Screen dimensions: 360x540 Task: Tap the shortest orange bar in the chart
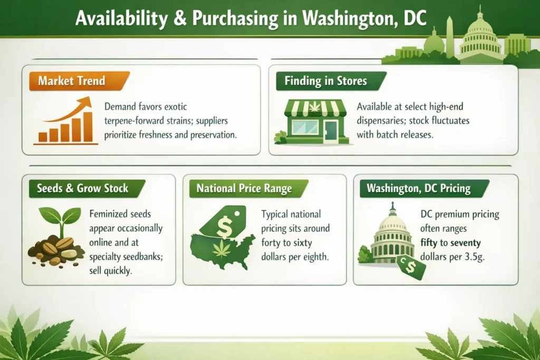pyautogui.click(x=42, y=137)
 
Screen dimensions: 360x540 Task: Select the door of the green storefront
pyautogui.click(x=332, y=130)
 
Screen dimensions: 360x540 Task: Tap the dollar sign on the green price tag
pyautogui.click(x=224, y=227)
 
